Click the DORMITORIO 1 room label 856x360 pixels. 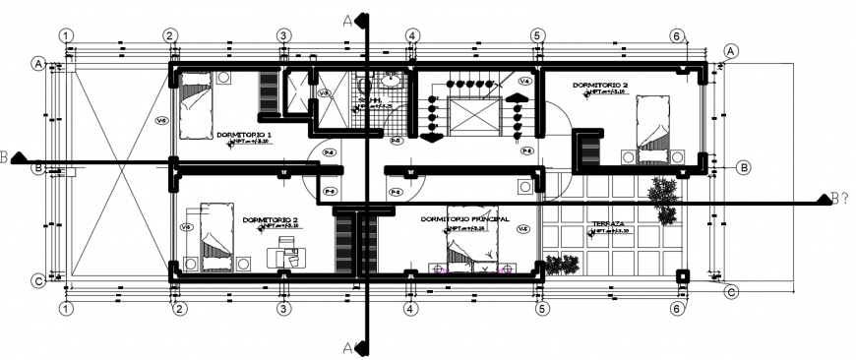(x=244, y=134)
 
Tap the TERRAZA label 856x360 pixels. (x=609, y=223)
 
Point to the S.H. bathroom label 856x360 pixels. (x=370, y=99)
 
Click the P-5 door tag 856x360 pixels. (x=396, y=141)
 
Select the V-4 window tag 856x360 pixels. (x=525, y=81)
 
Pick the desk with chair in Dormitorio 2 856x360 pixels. (x=288, y=257)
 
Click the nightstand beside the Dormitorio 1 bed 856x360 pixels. (x=224, y=76)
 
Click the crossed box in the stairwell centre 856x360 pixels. (x=472, y=116)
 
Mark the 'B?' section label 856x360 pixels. (x=839, y=201)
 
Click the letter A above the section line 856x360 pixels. (x=347, y=19)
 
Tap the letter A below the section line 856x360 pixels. (x=347, y=346)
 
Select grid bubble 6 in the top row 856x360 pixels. (x=676, y=35)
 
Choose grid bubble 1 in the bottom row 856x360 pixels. (x=66, y=309)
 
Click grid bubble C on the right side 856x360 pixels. (x=731, y=291)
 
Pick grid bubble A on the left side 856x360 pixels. (x=38, y=64)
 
